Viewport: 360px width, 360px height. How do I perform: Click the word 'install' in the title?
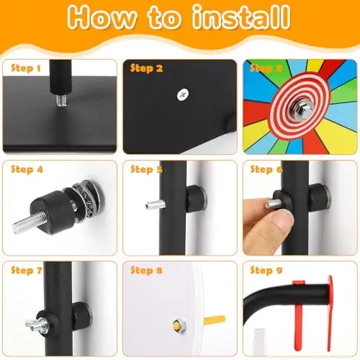point(241,17)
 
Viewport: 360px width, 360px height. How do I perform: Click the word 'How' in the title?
point(102,18)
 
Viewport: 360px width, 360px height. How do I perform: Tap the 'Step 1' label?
point(26,68)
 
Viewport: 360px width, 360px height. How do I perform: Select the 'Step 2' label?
point(147,68)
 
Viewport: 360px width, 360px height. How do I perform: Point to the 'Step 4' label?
point(27,169)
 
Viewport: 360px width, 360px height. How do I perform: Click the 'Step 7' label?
point(27,270)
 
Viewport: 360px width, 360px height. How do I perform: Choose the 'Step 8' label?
point(146,270)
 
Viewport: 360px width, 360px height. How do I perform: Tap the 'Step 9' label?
point(266,270)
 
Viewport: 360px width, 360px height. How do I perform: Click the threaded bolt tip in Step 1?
point(62,101)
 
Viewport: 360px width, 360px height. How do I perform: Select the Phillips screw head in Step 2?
point(183,94)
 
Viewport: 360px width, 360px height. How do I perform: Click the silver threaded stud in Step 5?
point(155,204)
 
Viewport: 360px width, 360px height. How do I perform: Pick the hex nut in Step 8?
point(179,325)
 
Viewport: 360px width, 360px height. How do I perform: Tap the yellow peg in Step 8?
point(215,320)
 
